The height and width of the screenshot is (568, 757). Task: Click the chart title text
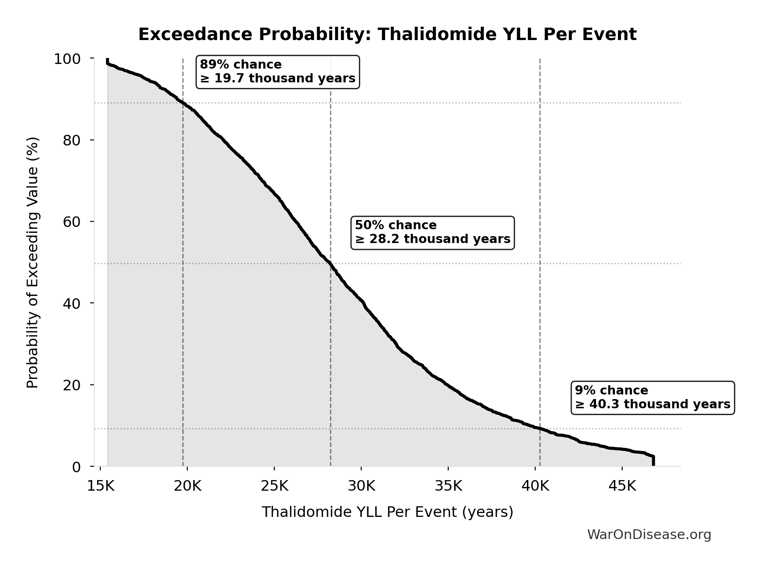[387, 35]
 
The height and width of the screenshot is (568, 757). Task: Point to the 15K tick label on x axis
[101, 486]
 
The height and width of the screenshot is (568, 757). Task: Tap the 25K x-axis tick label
[274, 486]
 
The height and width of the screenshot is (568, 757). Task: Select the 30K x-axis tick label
[361, 486]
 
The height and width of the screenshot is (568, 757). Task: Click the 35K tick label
[448, 486]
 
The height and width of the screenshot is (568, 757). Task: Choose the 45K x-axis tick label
[622, 486]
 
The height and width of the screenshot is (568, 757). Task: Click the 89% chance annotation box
[277, 72]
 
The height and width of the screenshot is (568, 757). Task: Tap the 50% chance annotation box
[433, 232]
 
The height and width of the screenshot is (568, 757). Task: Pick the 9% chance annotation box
[652, 398]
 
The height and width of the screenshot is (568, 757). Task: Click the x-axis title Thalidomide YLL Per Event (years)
[387, 512]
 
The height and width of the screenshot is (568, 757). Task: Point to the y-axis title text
[33, 262]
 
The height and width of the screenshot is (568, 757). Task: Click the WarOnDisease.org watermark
[649, 534]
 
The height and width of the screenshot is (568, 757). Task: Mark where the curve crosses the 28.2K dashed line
[330, 264]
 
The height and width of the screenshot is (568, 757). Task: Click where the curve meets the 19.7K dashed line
[183, 103]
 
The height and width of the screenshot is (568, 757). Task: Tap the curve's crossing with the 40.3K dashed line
[540, 429]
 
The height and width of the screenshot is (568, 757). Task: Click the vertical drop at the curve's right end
[653, 461]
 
